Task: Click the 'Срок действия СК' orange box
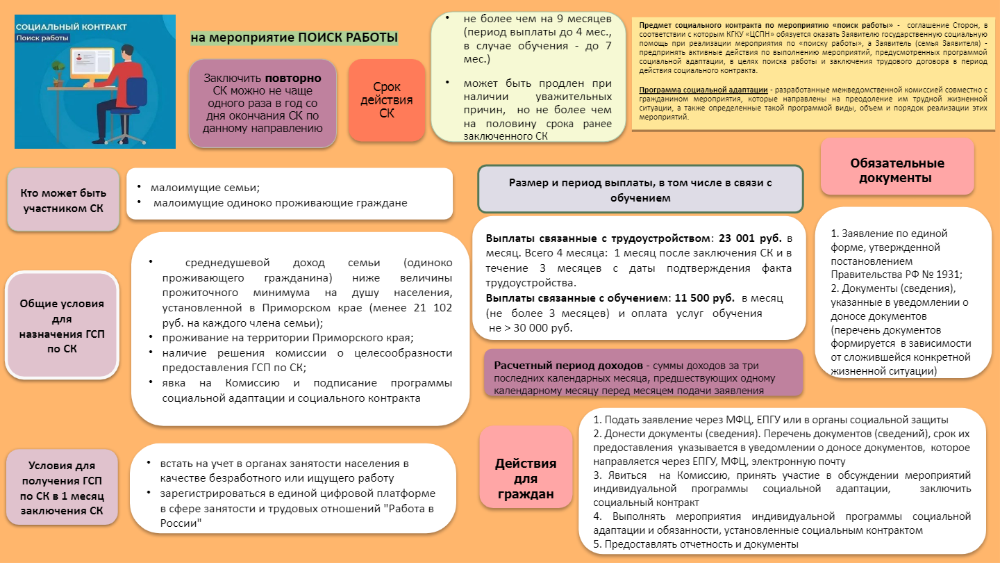pyautogui.click(x=386, y=100)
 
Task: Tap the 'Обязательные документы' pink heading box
pyautogui.click(x=897, y=170)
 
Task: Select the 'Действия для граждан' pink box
pyautogui.click(x=525, y=479)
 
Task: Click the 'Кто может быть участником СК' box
pyautogui.click(x=62, y=199)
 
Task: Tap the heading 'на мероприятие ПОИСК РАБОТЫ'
pyautogui.click(x=294, y=38)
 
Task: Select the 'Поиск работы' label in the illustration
pyautogui.click(x=44, y=38)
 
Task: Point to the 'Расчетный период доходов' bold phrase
pyautogui.click(x=569, y=366)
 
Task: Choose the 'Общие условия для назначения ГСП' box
pyautogui.click(x=62, y=326)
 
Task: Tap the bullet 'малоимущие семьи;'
pyautogui.click(x=204, y=188)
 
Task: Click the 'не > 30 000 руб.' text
pyautogui.click(x=531, y=328)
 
